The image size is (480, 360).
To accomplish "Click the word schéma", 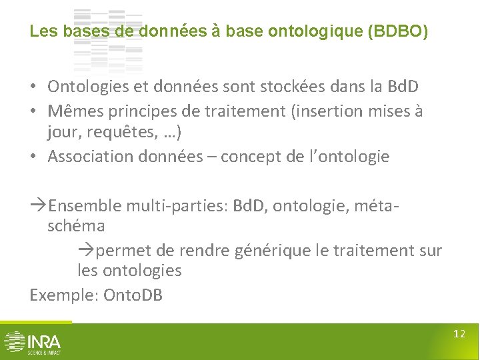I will [x=76, y=226].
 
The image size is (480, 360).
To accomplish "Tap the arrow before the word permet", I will [x=87, y=250].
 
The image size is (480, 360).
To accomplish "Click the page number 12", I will [x=459, y=333].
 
